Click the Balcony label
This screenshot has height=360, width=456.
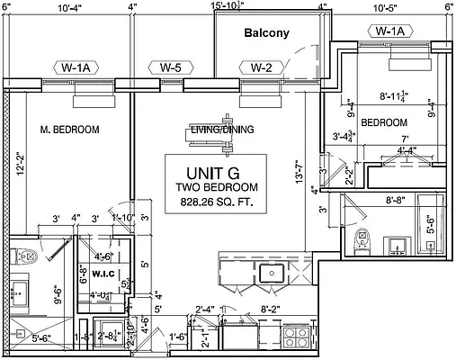pos(267,33)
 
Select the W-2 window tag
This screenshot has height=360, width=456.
pos(261,67)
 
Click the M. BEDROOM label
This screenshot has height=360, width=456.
pos(69,130)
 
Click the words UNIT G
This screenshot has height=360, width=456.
pos(217,171)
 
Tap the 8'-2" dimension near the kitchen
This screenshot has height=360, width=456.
pos(269,310)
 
